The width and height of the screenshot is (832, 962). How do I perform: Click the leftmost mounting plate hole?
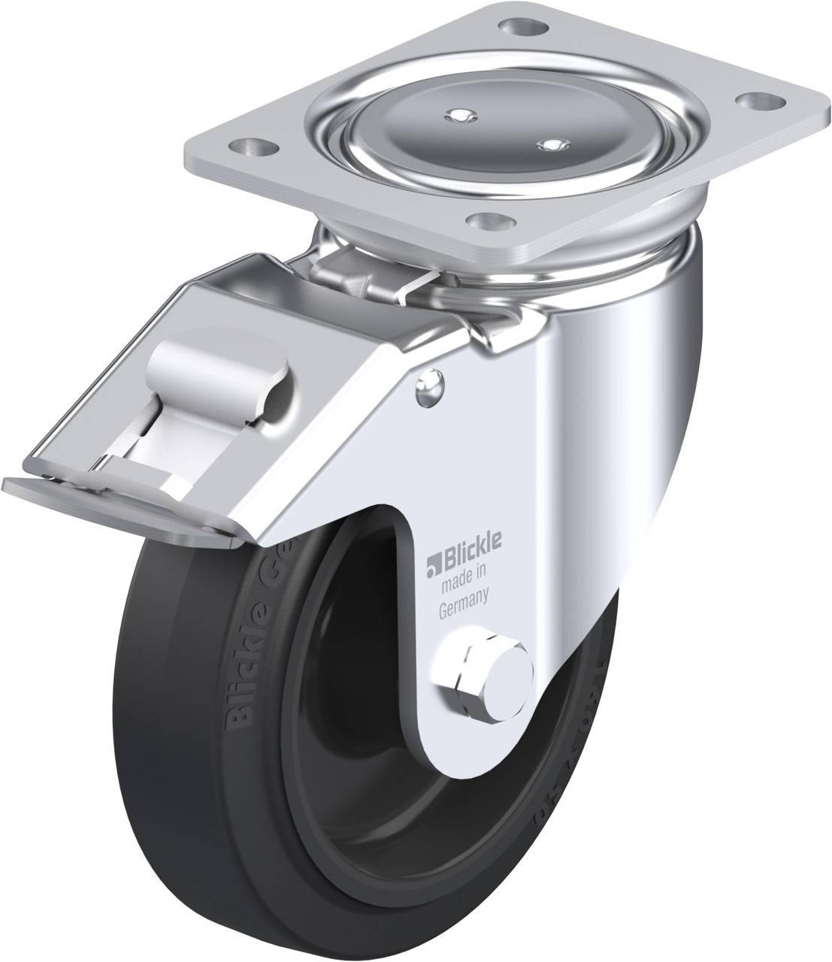tap(253, 144)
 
